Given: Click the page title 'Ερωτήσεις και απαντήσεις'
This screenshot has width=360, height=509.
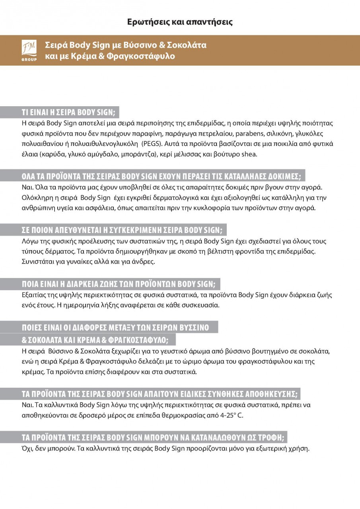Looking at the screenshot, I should [180, 22].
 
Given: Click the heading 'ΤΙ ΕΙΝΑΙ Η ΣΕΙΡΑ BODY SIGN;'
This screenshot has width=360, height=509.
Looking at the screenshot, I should [67, 111].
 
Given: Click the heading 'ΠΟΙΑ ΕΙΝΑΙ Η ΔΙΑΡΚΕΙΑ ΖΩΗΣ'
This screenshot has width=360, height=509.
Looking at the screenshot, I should [118, 284].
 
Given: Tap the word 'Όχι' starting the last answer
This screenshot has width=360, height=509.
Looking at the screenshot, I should [27, 449].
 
